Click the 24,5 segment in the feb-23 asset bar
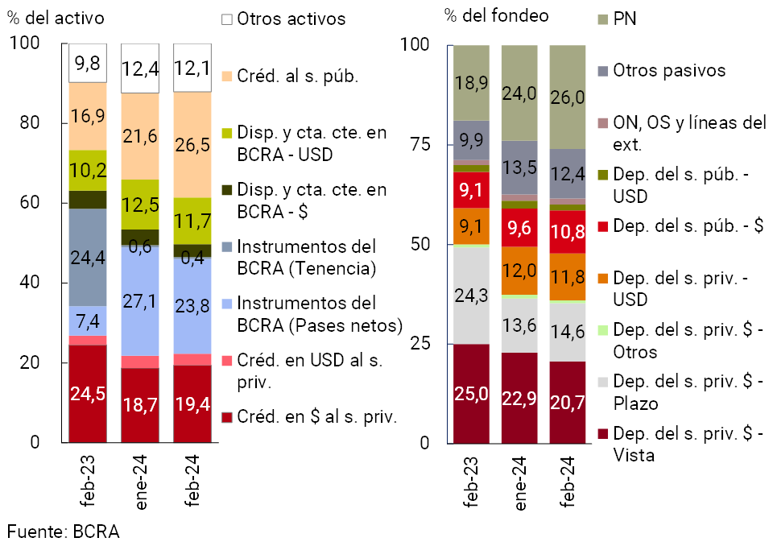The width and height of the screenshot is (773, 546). tap(87, 394)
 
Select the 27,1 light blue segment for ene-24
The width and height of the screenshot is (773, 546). tap(140, 300)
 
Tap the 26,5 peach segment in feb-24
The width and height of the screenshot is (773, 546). tap(192, 145)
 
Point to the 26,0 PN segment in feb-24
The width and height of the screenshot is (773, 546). tap(568, 97)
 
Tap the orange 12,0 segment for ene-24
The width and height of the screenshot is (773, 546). tap(520, 271)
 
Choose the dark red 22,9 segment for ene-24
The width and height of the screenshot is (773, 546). tap(520, 398)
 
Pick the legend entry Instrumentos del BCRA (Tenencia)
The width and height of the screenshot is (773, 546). tap(306, 257)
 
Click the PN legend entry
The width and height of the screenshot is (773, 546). tap(624, 19)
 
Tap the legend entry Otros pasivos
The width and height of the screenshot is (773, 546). tap(668, 70)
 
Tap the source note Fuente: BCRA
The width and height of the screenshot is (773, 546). tap(64, 532)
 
